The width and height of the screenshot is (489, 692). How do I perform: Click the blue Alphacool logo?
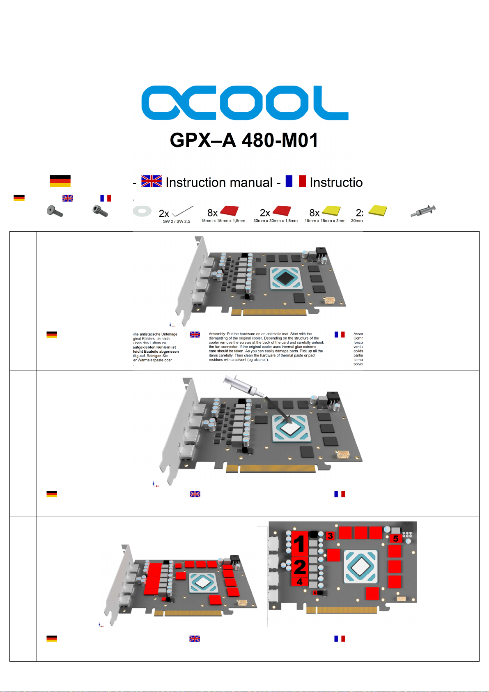click(245, 103)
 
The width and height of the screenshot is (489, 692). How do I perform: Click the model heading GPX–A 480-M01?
click(244, 140)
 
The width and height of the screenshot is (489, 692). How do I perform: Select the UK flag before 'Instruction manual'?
click(152, 181)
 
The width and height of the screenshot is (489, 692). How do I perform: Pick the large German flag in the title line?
click(60, 181)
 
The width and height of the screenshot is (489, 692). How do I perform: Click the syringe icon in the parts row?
click(423, 211)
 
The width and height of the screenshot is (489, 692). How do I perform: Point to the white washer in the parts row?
click(142, 212)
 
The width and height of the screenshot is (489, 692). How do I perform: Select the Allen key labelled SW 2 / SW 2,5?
click(182, 212)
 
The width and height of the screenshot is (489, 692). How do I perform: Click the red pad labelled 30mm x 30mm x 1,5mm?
click(282, 211)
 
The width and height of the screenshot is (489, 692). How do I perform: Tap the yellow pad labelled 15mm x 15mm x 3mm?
click(331, 211)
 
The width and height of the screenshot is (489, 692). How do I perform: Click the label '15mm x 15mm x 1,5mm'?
click(223, 221)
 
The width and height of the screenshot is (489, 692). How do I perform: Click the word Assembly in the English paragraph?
click(217, 334)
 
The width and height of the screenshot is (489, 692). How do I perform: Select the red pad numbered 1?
click(299, 543)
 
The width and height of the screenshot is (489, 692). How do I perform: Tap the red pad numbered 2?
click(299, 567)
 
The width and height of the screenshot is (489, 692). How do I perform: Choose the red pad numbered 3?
click(330, 536)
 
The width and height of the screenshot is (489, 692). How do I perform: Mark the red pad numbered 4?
click(299, 582)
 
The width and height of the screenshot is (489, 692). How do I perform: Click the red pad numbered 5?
click(396, 538)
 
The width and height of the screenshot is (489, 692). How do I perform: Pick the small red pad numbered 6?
click(315, 593)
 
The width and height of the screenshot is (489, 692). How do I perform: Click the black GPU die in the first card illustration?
click(284, 278)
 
